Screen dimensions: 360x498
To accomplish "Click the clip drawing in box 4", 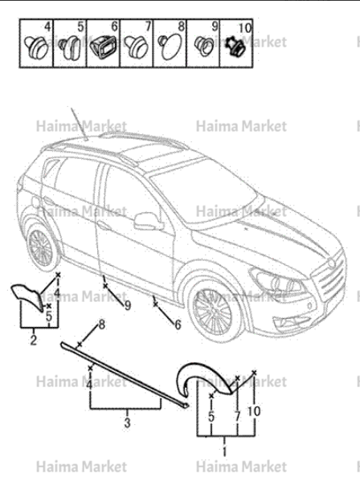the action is pos(36,48).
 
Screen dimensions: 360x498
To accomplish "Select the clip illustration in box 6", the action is pos(102,47).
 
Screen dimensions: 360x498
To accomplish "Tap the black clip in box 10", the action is pos(235,47).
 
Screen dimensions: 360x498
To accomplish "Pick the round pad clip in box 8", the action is pos(170,47).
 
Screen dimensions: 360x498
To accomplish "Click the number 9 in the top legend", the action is pos(215,27).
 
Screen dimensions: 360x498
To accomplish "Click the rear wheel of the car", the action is pos(41,246).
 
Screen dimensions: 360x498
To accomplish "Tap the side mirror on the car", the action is pos(148,221).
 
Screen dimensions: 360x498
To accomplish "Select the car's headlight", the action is pos(277,281).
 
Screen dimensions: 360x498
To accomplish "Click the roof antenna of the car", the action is pos(79,124).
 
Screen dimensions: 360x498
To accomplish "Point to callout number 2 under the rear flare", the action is pos(34,340).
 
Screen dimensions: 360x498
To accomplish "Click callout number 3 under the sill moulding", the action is pos(127,422).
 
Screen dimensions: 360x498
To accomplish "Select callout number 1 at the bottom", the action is pos(225,451).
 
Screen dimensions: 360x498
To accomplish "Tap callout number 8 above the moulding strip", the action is pos(101,325).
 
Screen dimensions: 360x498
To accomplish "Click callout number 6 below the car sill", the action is pos(178,325).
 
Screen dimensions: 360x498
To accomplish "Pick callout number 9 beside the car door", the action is pos(127,305).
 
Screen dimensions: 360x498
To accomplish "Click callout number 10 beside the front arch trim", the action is pos(253,411).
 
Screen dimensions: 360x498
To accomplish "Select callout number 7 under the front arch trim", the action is pos(238,416).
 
